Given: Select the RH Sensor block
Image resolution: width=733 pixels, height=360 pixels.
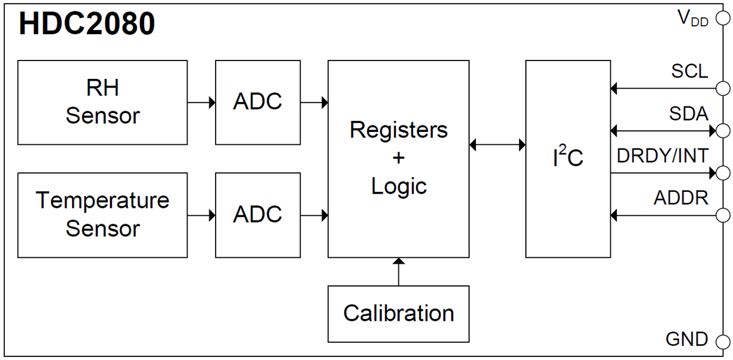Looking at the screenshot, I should (x=103, y=102).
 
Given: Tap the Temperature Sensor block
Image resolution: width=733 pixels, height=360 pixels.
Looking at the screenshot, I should (x=103, y=215).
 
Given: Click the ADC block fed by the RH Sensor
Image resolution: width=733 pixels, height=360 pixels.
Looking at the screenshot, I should (x=257, y=102).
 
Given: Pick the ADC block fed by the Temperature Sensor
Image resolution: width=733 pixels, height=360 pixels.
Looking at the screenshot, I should (x=257, y=215).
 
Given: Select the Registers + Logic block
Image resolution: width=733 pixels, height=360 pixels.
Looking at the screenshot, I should (x=398, y=158).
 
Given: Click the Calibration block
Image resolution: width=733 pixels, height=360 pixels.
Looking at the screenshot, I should (x=398, y=314).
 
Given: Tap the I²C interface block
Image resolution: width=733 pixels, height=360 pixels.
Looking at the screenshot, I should (x=567, y=158).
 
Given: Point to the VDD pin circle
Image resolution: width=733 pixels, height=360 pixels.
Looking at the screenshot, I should (x=723, y=20).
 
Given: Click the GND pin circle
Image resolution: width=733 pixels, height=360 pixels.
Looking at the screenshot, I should (x=723, y=340).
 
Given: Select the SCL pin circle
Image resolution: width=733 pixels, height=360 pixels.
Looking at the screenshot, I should (x=723, y=89).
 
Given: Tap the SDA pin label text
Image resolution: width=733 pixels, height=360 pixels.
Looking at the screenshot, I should (x=688, y=114).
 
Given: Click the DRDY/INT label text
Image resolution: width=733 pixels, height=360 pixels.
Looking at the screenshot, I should (x=662, y=156).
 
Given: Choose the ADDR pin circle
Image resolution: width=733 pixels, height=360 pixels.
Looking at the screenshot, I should (x=723, y=215).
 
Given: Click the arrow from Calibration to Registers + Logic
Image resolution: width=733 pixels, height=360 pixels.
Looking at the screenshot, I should (x=398, y=271).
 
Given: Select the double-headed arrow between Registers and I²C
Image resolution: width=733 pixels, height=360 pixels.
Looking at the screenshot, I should (x=497, y=145).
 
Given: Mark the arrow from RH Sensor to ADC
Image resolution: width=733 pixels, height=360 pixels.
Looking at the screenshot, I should (x=201, y=103).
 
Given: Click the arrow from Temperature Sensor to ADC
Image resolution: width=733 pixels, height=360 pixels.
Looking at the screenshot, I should (x=201, y=215).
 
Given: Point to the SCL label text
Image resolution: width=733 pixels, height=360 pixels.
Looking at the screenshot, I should (x=690, y=72).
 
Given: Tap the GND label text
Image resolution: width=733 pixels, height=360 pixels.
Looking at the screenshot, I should (x=687, y=339).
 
